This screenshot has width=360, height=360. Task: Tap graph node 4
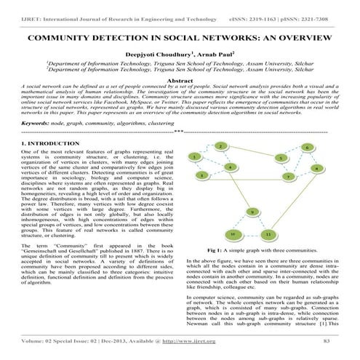pos(230,167)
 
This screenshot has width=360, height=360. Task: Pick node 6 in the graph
pos(308,148)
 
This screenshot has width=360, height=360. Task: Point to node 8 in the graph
pos(318,168)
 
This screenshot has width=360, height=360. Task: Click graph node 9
pos(252,212)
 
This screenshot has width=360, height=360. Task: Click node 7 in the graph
pos(289,177)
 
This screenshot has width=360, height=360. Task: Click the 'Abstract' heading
pos(179,81)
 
